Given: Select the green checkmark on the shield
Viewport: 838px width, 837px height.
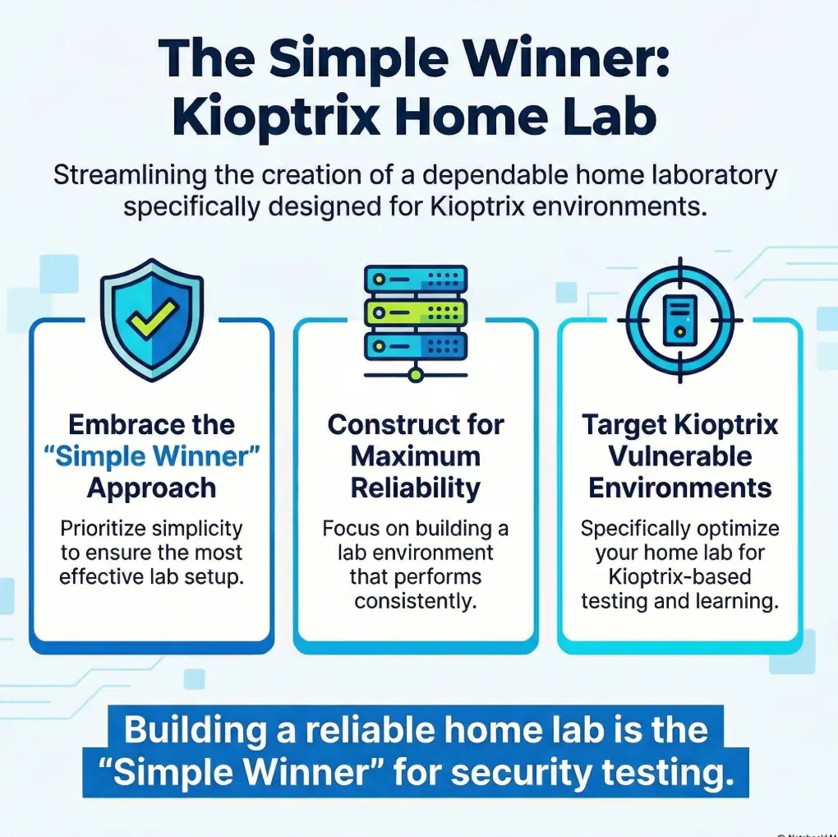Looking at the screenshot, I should (152, 318).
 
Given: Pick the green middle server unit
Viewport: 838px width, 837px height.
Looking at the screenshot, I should (416, 311).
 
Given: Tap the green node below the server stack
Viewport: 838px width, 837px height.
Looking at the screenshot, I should (416, 375).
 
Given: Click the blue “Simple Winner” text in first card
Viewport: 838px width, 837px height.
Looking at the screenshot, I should (151, 456).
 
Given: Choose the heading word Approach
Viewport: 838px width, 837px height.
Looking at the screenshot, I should (151, 488).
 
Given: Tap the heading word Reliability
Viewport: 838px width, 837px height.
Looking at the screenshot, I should (416, 488).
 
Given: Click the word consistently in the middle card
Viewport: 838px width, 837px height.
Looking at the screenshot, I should (416, 601).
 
